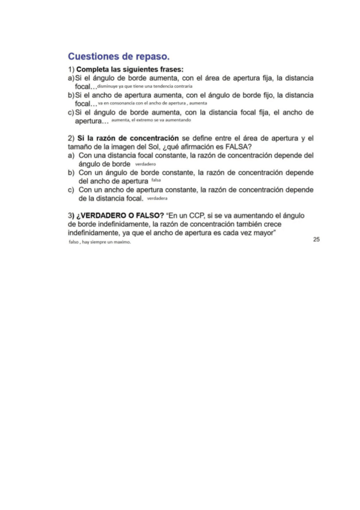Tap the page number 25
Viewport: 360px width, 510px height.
[316, 239]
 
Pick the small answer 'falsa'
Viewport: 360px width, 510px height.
[156, 180]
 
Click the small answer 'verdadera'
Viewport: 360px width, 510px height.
[157, 198]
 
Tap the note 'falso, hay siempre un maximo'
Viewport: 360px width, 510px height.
[100, 243]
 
